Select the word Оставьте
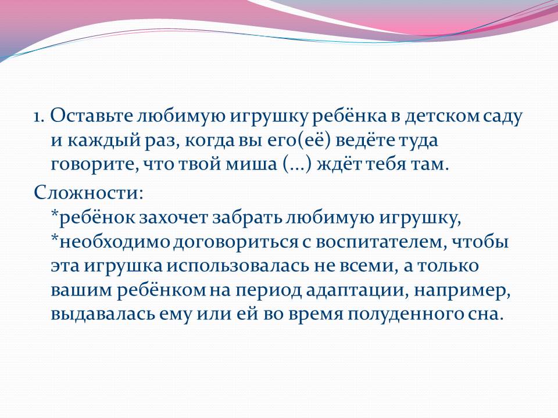(x=91, y=116)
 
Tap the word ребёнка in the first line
(x=350, y=116)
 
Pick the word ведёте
(x=365, y=140)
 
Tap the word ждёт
(x=338, y=164)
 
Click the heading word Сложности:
(x=88, y=193)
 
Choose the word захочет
(x=173, y=218)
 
